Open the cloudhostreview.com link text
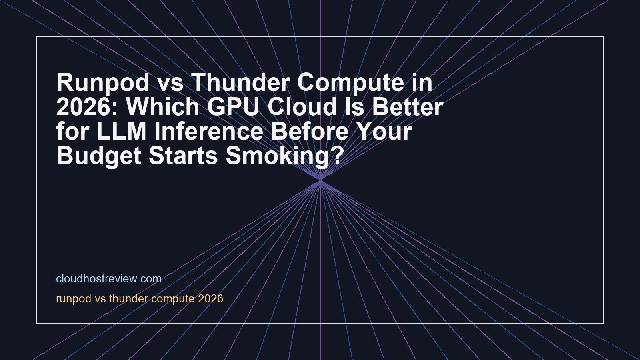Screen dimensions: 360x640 pyautogui.click(x=109, y=279)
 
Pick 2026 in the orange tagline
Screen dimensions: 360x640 pyautogui.click(x=210, y=299)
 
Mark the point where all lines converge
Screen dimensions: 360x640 pyautogui.click(x=320, y=180)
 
